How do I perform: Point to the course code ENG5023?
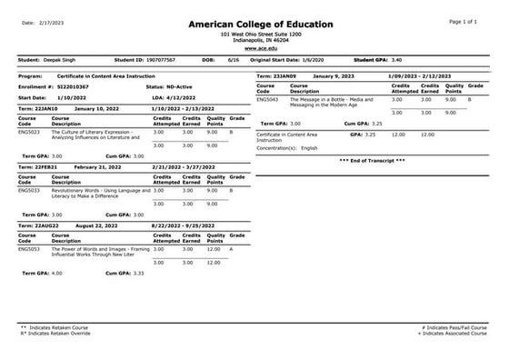click(29, 133)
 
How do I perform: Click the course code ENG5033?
click(29, 190)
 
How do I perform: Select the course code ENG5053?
click(29, 248)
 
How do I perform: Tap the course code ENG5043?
click(268, 99)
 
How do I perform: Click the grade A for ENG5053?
click(232, 248)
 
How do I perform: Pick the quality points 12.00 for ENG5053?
click(215, 248)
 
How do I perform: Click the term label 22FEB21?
click(45, 167)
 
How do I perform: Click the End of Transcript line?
click(372, 160)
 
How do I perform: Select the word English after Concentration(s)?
click(310, 146)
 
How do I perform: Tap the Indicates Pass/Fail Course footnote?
click(456, 326)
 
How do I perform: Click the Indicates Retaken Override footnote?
click(56, 333)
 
